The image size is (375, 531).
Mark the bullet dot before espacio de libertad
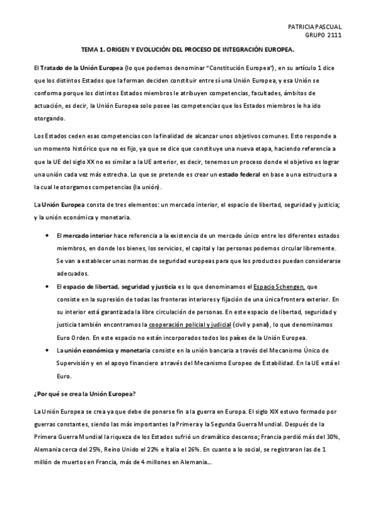click(x=48, y=287)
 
